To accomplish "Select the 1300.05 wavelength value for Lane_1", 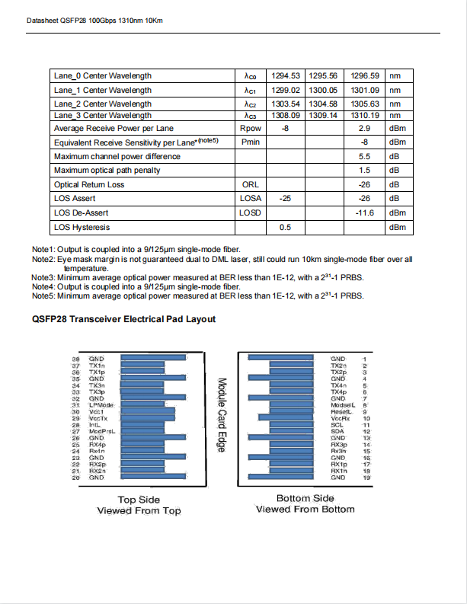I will point(323,90).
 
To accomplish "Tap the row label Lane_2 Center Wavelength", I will point(103,104).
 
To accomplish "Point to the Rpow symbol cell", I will point(250,129).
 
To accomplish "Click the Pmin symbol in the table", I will point(250,142).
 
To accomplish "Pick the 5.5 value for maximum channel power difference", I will point(364,156).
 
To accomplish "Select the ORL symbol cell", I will point(250,184).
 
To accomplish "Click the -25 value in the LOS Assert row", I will point(285,198).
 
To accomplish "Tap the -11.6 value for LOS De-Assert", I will point(364,213).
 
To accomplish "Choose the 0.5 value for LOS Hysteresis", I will point(286,227).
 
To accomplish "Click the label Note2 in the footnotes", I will point(43,259).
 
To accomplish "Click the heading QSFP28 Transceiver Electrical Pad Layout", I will point(123,319).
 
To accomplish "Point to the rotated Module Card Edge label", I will point(222,415).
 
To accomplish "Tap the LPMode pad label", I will point(101,404).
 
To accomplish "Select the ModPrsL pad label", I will point(102,432).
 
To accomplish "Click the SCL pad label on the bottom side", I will point(337,425).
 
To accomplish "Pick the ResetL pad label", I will point(340,411).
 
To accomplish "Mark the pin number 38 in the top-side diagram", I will point(75,358).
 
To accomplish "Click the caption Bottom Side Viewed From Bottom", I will point(305,504).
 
